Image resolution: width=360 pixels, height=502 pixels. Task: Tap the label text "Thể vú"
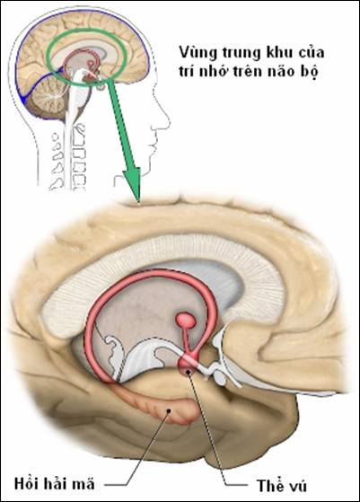282,485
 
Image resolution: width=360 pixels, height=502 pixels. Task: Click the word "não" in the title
284,72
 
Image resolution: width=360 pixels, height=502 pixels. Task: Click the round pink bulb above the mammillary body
186,321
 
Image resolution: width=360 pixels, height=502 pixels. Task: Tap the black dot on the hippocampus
169,410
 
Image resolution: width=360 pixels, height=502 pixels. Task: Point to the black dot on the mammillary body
189,372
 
